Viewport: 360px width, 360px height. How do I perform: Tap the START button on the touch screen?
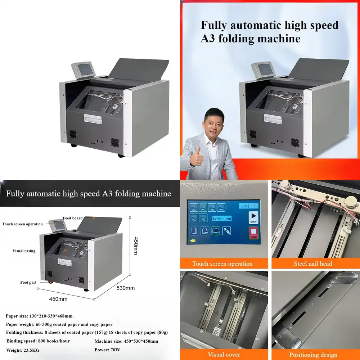[x=253, y=217]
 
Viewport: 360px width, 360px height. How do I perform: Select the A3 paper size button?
[x=194, y=207]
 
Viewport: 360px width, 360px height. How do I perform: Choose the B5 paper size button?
[x=203, y=218]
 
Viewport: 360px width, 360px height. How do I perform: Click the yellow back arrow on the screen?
[x=193, y=241]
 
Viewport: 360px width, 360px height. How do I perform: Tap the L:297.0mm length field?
[x=221, y=219]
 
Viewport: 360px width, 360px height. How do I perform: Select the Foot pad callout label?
[x=28, y=283]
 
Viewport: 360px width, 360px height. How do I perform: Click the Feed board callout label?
[x=72, y=218]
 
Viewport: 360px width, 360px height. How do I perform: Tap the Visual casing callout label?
[x=24, y=251]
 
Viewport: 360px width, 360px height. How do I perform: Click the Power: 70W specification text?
[x=107, y=350]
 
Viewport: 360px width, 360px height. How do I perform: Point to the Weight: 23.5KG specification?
[x=23, y=350]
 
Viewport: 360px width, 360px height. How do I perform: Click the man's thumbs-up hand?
[x=197, y=157]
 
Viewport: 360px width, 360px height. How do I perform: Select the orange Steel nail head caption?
[x=313, y=264]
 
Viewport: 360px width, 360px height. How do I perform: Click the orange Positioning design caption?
[x=313, y=355]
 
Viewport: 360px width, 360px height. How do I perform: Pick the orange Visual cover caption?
[x=224, y=355]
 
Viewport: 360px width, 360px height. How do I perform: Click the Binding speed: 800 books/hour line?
[x=38, y=341]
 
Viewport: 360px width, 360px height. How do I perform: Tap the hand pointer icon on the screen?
[x=226, y=231]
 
